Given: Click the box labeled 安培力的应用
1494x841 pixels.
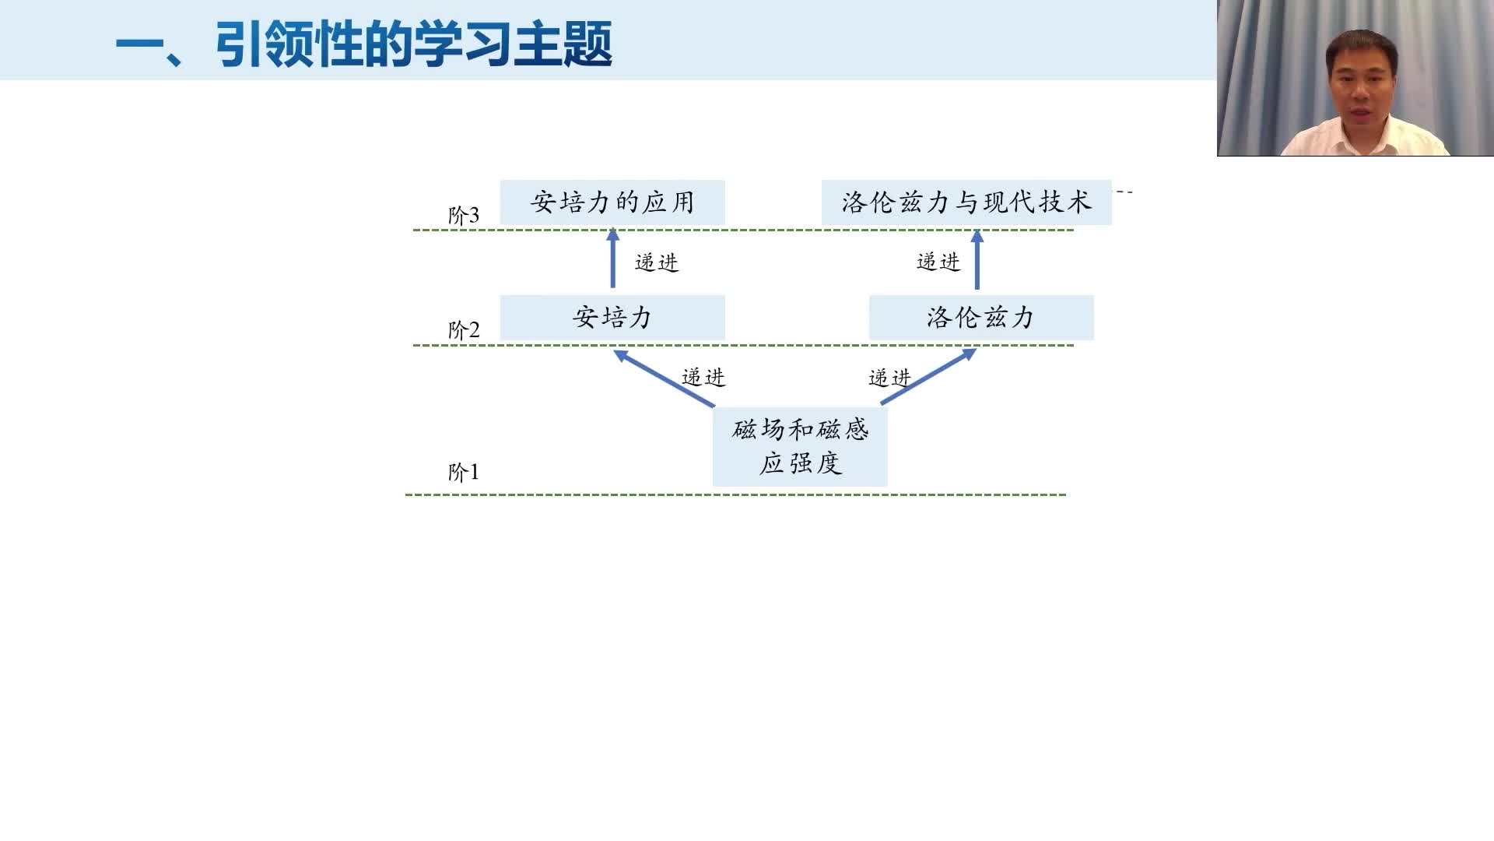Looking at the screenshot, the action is click(612, 202).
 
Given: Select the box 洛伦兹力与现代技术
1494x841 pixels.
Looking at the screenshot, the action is click(966, 202).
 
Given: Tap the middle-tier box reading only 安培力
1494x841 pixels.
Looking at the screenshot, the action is click(612, 317).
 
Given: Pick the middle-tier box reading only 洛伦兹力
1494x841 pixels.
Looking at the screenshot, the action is click(981, 317).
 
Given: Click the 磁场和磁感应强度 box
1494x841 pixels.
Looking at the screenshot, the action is click(800, 447).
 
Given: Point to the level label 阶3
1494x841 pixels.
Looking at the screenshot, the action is click(464, 215).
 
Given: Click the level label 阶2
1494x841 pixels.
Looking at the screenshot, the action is click(464, 329).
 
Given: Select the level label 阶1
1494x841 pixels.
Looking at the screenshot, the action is click(464, 472).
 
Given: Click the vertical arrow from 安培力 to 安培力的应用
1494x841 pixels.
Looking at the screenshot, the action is click(612, 258).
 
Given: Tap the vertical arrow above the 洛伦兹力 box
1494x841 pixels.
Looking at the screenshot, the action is click(977, 259).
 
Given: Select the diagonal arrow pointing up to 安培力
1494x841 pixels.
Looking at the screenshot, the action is click(664, 378).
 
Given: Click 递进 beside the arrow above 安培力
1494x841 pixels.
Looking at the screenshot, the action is click(657, 262).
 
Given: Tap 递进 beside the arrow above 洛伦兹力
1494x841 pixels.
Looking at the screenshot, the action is click(938, 262).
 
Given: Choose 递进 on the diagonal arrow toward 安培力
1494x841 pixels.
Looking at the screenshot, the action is click(703, 377).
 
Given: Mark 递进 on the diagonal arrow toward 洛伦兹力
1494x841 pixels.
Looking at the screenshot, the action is click(889, 378).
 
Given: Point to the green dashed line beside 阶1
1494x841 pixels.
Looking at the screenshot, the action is click(735, 494).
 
